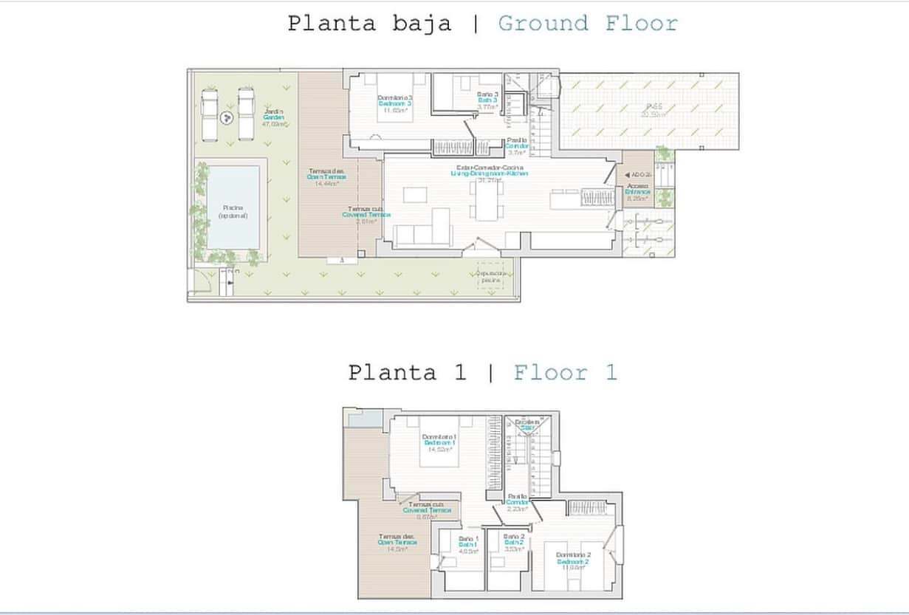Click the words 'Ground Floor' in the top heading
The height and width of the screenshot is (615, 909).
point(588,23)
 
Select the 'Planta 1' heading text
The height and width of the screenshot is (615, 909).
point(407,372)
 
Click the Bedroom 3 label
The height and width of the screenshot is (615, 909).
point(395,104)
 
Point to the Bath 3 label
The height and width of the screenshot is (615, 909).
point(487,100)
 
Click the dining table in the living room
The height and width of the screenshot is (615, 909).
point(487,200)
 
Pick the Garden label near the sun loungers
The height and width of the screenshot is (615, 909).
point(274,118)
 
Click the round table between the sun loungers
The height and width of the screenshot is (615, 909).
point(227,116)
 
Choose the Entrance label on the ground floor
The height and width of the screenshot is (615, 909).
point(638,192)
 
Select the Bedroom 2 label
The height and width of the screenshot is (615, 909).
point(573,561)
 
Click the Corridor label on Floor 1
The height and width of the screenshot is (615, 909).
point(518,502)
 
